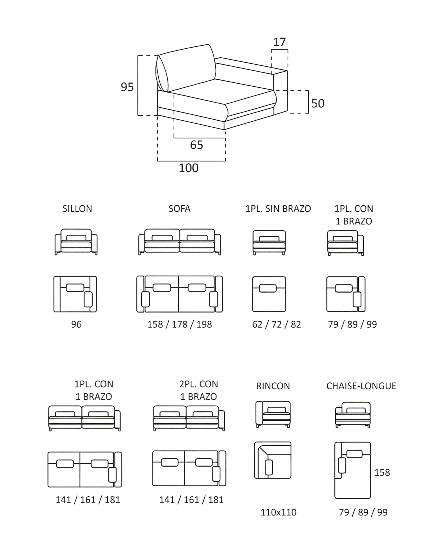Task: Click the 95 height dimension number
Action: click(x=127, y=87)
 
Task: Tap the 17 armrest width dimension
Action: click(x=279, y=42)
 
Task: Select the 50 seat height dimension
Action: click(x=318, y=103)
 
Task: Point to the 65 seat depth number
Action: click(x=196, y=145)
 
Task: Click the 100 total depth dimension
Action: click(x=189, y=168)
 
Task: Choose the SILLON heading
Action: click(x=77, y=209)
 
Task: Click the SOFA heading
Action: click(x=179, y=209)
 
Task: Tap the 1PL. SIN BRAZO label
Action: click(x=278, y=209)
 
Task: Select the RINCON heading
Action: click(x=273, y=386)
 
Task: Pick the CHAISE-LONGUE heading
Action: click(x=361, y=386)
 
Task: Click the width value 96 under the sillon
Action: click(x=76, y=324)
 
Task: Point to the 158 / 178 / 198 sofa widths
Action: click(x=180, y=324)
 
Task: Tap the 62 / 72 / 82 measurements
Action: click(x=277, y=324)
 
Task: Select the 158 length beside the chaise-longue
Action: click(x=382, y=472)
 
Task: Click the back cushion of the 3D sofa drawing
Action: click(x=186, y=68)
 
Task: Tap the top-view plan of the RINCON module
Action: click(x=273, y=460)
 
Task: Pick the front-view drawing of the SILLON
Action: click(x=76, y=242)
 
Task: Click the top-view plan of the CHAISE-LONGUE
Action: click(x=352, y=470)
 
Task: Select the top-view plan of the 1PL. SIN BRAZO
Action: click(x=269, y=294)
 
